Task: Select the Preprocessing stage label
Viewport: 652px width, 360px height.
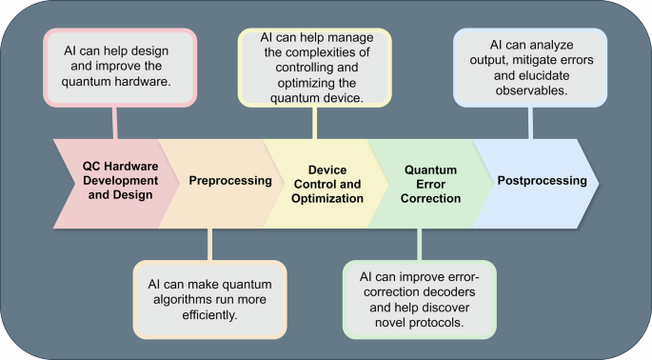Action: (218, 180)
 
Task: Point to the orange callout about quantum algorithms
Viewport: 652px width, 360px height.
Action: (208, 299)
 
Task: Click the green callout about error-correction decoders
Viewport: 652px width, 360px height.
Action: (419, 299)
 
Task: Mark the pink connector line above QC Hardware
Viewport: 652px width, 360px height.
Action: (115, 122)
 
